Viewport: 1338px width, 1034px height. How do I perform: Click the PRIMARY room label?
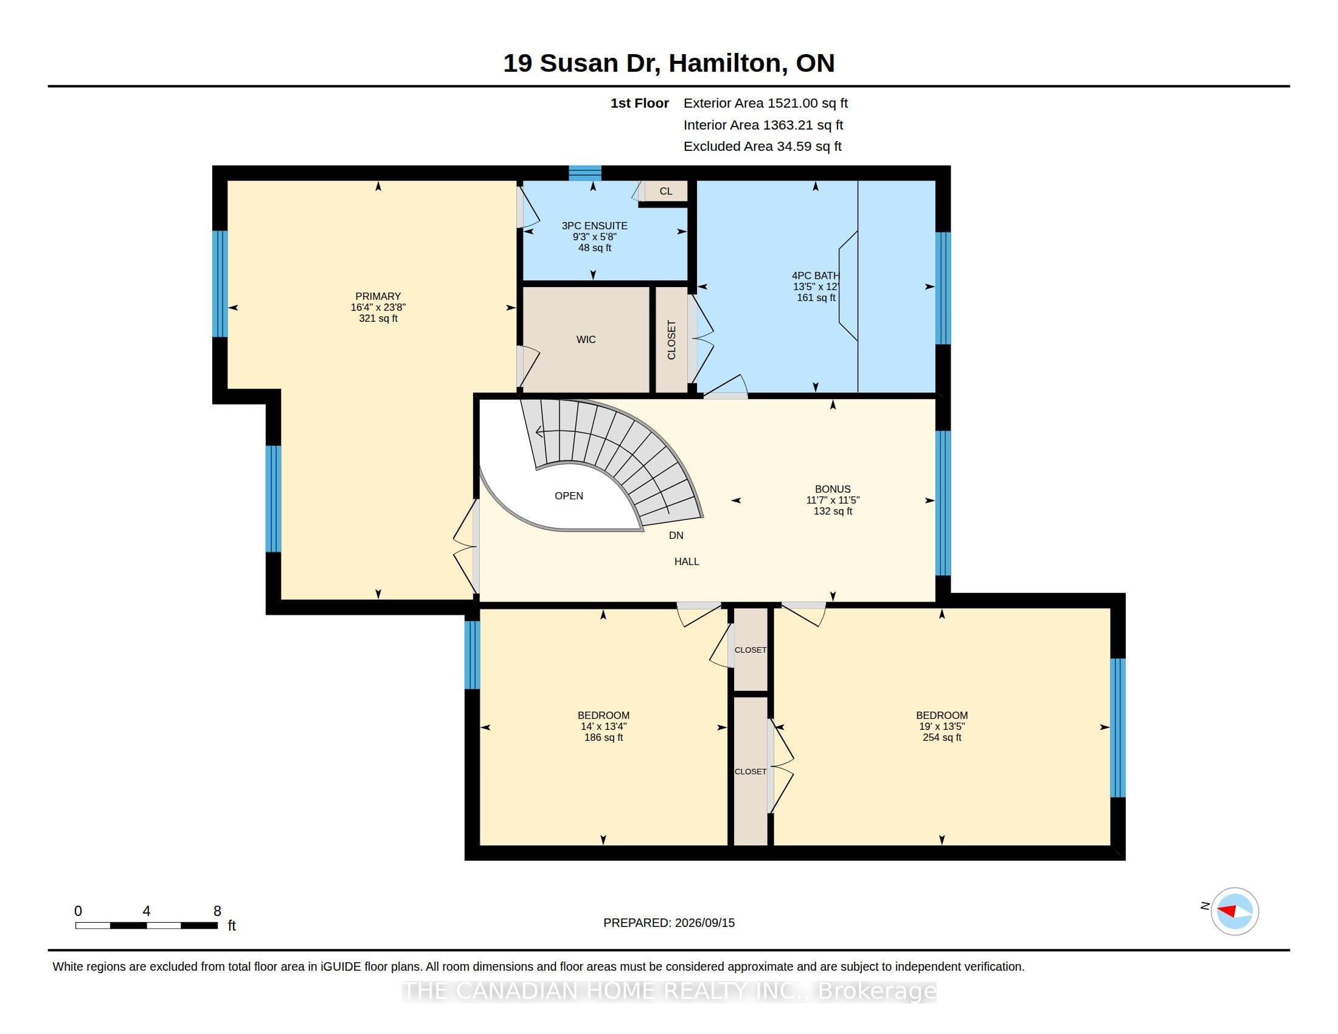(378, 296)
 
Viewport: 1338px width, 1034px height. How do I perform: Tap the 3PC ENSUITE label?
(594, 226)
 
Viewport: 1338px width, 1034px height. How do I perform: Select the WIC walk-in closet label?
(586, 339)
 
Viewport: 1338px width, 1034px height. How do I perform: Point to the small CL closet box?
(665, 191)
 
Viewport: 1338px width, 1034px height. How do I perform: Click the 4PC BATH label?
(816, 276)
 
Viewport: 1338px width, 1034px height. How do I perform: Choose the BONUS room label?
(833, 489)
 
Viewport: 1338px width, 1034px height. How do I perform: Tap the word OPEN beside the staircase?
(569, 496)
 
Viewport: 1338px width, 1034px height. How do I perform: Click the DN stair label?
(676, 535)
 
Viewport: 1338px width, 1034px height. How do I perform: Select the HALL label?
(686, 561)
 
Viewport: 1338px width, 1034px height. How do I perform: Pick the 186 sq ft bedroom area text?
(603, 738)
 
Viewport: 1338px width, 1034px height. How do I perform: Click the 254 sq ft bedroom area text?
(941, 738)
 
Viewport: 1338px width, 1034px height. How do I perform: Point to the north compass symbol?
(1234, 911)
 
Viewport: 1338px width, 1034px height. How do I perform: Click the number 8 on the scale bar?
(217, 911)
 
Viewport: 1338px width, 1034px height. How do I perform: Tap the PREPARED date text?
(669, 923)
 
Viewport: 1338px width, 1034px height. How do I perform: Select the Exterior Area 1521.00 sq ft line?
(765, 103)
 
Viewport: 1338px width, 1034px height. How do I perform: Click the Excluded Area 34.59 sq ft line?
(762, 146)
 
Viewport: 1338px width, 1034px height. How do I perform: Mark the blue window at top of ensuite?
(584, 173)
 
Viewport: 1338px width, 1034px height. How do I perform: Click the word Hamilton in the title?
(724, 63)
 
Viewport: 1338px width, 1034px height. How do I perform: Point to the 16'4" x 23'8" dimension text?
(378, 308)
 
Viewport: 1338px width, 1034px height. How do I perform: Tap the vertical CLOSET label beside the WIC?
(671, 340)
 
